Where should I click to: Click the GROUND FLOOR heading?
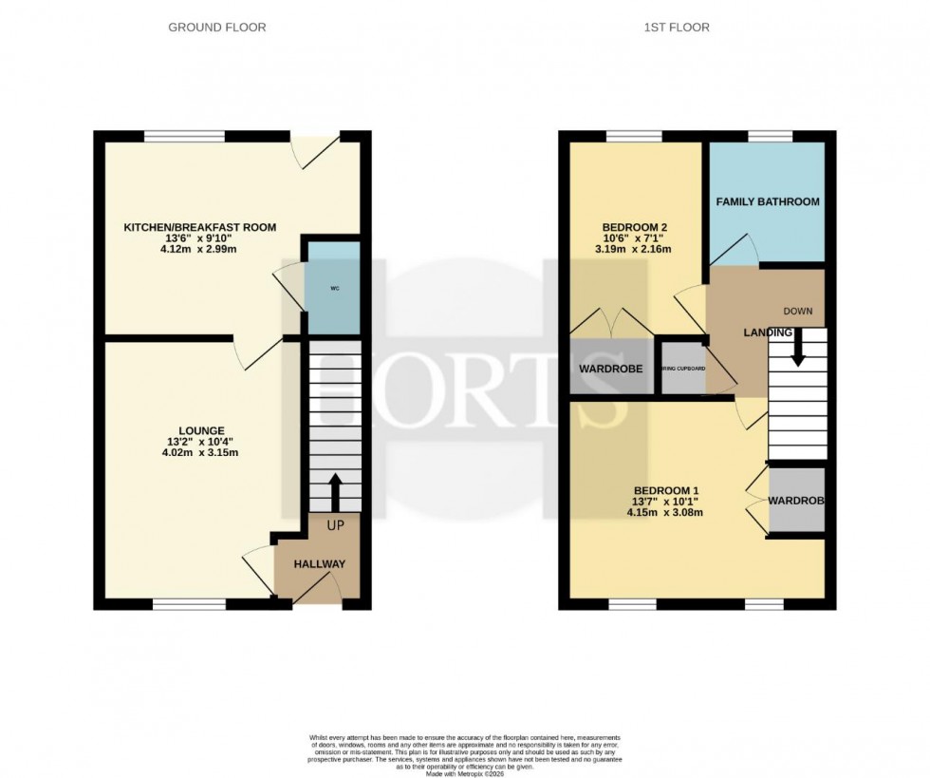point(216,28)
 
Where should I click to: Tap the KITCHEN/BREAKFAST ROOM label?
point(200,227)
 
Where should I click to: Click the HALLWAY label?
point(319,564)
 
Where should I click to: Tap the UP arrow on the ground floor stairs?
point(334,489)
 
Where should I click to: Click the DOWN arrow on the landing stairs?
point(797,347)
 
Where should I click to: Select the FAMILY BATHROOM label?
point(768,202)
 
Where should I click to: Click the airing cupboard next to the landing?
point(683,367)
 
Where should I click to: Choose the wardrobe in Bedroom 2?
point(611,368)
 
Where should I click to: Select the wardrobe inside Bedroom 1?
point(796,500)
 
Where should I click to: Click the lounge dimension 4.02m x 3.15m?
point(199,452)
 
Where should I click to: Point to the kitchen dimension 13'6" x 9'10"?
point(200,238)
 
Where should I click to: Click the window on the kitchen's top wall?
point(184,136)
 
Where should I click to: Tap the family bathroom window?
point(769,136)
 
